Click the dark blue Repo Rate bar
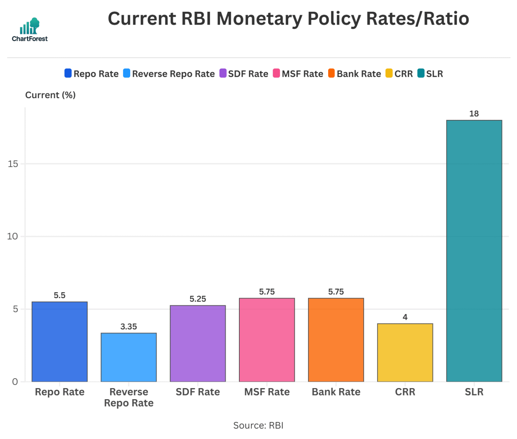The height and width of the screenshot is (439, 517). point(60,341)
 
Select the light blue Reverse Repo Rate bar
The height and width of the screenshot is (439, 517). point(129,357)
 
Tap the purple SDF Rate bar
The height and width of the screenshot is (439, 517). point(198,343)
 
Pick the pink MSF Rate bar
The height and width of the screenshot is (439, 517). point(267,340)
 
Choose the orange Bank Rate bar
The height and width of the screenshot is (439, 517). point(336,340)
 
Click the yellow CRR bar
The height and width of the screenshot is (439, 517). point(405,352)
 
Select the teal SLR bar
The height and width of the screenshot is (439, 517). point(474,251)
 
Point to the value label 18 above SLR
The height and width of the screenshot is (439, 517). point(474,114)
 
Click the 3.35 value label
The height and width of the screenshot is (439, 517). point(129,326)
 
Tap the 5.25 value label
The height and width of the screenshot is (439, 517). point(198,299)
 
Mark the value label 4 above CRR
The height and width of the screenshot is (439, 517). point(405,317)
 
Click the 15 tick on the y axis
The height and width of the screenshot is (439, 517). point(13,164)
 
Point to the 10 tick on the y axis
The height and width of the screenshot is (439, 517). point(12,236)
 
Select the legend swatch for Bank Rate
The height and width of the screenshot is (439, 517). point(332,73)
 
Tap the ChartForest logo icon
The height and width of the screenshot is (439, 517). point(30,26)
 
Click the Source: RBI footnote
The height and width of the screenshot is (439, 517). point(258,425)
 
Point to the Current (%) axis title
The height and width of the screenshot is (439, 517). point(50,95)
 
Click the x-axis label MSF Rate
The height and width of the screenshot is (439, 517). point(267,392)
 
